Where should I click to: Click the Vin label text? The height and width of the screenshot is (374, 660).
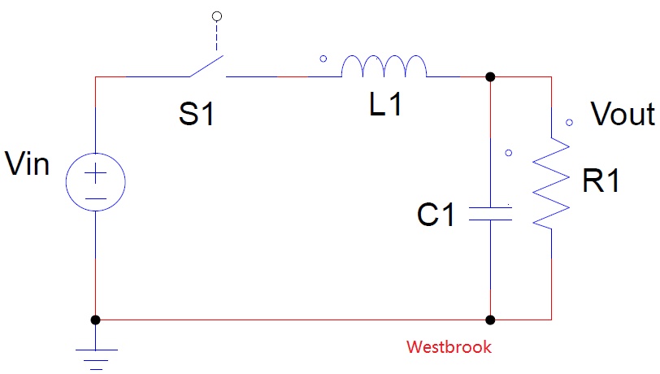click(28, 163)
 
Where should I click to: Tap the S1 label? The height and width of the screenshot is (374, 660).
click(197, 114)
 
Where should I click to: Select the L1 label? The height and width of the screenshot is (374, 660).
click(385, 104)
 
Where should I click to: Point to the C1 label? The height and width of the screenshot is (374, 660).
click(436, 215)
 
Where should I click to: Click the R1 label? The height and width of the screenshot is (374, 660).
click(601, 180)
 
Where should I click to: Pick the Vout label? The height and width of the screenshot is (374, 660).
click(623, 114)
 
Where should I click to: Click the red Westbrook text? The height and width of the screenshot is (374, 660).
click(449, 347)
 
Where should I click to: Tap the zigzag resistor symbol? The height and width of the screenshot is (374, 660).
click(551, 183)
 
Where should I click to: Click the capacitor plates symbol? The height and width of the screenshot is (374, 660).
click(490, 214)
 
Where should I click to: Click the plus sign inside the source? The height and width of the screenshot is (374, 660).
click(96, 173)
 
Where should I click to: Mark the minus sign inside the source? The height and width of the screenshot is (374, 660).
click(96, 198)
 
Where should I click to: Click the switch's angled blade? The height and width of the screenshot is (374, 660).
click(206, 66)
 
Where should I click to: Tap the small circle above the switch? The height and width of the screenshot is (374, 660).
click(217, 16)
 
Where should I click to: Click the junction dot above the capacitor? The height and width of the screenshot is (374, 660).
click(490, 77)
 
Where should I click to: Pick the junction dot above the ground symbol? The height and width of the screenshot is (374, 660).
click(96, 320)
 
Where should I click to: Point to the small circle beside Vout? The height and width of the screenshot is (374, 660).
click(569, 123)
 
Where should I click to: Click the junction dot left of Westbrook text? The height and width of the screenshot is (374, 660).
click(490, 320)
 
